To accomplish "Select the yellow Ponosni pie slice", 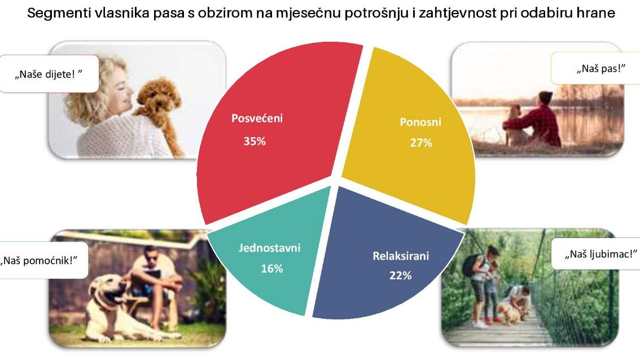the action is (x=412, y=135).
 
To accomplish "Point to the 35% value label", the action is (x=255, y=141).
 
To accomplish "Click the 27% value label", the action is (x=421, y=143).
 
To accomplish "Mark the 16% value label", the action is (x=272, y=269).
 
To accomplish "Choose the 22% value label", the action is (x=400, y=275).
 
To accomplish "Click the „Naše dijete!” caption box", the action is (x=49, y=74).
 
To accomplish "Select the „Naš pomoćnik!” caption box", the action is (x=43, y=261).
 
